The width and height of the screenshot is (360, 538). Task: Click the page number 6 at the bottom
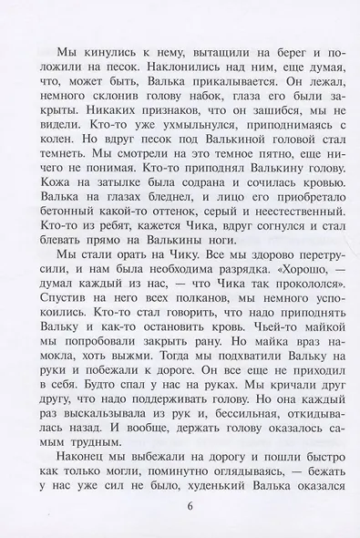pos(180,507)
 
